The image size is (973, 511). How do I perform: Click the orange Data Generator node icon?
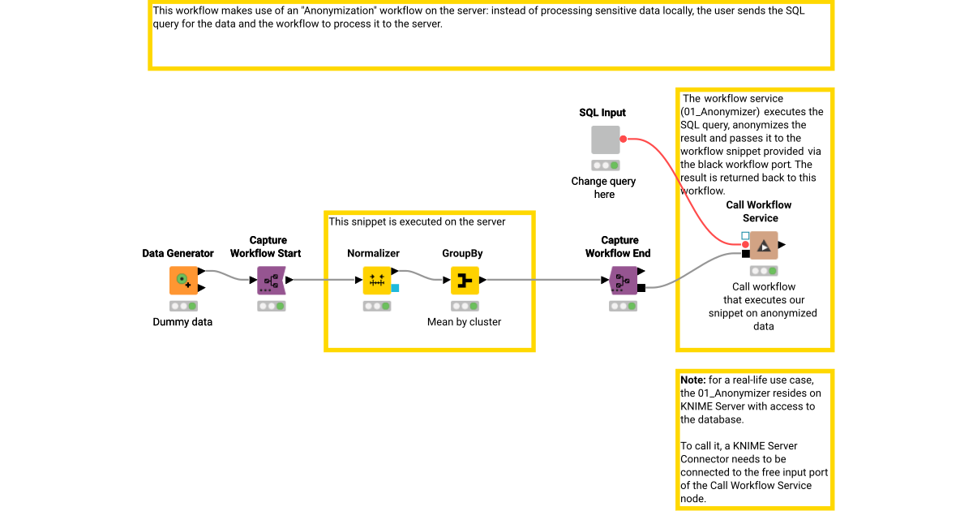[183, 280]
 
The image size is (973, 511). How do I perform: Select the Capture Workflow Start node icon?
[271, 280]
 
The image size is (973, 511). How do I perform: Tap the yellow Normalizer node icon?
[376, 280]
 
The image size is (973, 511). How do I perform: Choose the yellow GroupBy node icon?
[464, 280]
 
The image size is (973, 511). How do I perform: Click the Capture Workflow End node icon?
[623, 280]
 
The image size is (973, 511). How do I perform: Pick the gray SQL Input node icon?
[605, 140]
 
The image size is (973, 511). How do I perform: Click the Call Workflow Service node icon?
[763, 245]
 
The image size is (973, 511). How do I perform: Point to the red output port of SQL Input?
[623, 140]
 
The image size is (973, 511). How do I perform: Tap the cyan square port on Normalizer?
[395, 287]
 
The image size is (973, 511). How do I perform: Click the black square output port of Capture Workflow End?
[641, 287]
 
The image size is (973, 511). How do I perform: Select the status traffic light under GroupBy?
[464, 306]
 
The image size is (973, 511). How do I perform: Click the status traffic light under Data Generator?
[183, 306]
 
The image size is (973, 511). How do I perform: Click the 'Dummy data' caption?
[182, 322]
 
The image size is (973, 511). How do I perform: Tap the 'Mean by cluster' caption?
[464, 322]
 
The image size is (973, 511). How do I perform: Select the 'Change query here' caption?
[603, 187]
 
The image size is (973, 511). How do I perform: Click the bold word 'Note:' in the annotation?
[692, 380]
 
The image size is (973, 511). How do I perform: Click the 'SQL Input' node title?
[602, 113]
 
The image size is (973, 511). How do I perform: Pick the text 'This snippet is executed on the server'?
[417, 221]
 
